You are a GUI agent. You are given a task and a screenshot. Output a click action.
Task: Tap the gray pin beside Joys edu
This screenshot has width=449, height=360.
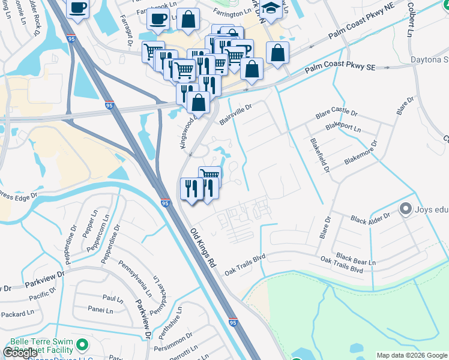(405, 209)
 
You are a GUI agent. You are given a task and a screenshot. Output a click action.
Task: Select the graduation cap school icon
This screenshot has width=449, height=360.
(271, 9)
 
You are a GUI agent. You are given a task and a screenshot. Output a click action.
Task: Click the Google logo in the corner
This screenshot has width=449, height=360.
(20, 353)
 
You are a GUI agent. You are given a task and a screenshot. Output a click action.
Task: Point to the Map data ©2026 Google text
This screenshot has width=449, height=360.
(411, 355)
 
